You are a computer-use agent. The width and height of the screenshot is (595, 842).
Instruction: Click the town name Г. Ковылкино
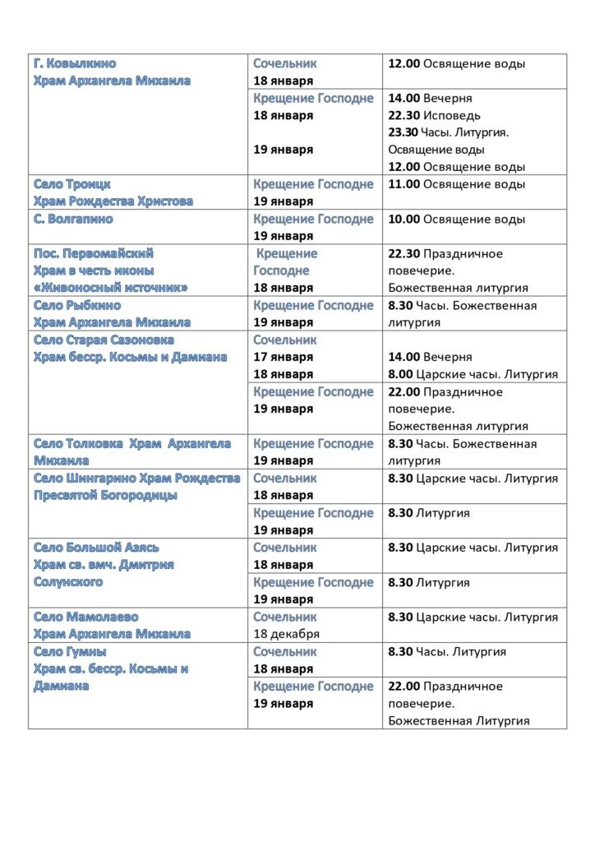tap(75, 63)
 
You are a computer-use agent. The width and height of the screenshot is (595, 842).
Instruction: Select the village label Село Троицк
tap(72, 184)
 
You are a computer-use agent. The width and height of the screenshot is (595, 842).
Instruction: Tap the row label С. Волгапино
tap(73, 219)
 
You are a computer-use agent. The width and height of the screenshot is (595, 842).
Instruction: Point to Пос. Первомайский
tap(94, 253)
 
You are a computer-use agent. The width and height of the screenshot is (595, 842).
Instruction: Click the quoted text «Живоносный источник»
tap(111, 288)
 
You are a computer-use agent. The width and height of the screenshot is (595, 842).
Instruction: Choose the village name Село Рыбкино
tap(77, 305)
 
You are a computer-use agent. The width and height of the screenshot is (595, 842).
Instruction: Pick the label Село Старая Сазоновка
tap(104, 340)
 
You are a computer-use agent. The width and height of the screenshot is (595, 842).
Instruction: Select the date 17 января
tap(283, 357)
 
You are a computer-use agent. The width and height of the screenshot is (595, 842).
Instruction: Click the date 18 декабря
tap(286, 634)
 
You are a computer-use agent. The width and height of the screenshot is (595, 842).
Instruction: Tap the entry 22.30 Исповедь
tap(434, 115)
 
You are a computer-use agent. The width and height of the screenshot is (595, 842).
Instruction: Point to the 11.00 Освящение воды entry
tap(456, 184)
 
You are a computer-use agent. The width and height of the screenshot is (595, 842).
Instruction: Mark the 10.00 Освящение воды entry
tap(456, 219)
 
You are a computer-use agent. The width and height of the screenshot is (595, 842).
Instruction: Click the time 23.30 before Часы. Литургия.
tap(404, 132)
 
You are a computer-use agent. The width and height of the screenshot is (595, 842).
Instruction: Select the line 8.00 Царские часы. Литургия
tap(473, 374)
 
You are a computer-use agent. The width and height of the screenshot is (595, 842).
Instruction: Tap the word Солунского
tap(68, 582)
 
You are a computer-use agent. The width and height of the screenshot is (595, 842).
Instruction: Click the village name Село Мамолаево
tap(86, 617)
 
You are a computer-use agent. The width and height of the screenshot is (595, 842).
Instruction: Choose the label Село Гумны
tap(70, 651)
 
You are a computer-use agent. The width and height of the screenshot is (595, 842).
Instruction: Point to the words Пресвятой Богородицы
tap(105, 496)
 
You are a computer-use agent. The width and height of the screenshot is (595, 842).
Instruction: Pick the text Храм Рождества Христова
tap(113, 201)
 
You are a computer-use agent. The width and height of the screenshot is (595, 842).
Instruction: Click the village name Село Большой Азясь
tap(97, 548)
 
